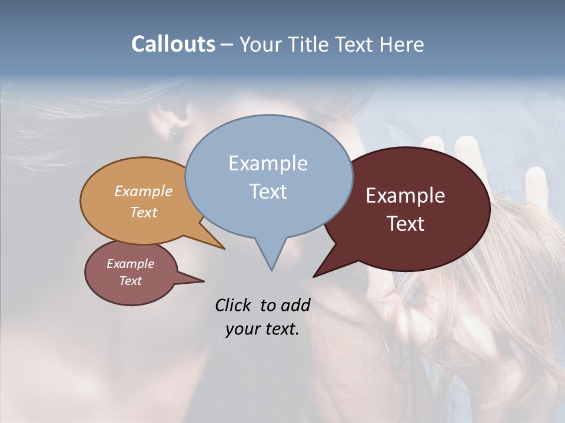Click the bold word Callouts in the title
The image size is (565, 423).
pyautogui.click(x=173, y=44)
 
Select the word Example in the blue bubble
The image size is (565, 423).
pyautogui.click(x=268, y=163)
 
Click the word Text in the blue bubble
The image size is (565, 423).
pyautogui.click(x=268, y=192)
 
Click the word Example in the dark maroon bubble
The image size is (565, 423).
pyautogui.click(x=406, y=196)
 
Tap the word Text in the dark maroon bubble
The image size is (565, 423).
pyautogui.click(x=406, y=224)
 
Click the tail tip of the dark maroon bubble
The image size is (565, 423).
pyautogui.click(x=314, y=276)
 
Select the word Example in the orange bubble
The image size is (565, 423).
pyautogui.click(x=144, y=191)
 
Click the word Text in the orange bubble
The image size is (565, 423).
pyautogui.click(x=144, y=212)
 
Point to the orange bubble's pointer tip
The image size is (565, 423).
pyautogui.click(x=224, y=249)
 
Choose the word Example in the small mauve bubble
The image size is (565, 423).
pyautogui.click(x=130, y=264)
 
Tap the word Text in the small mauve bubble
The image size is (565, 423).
pyautogui.click(x=130, y=281)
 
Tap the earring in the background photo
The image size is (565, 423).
pyautogui.click(x=174, y=136)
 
